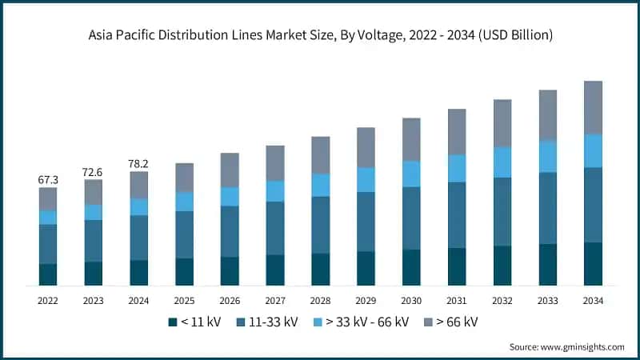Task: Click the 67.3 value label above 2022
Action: coord(48,180)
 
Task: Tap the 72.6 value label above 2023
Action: coord(94,172)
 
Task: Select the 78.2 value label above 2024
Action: coord(139,164)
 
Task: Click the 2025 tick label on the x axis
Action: coord(184,300)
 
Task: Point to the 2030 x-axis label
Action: coord(411,300)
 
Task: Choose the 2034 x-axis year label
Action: coord(593,300)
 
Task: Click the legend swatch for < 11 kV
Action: coord(172,322)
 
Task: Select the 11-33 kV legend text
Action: coord(274,322)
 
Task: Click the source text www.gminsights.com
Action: coord(582,346)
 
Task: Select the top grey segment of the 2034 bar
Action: coord(593,107)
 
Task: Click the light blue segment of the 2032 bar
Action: coord(502,162)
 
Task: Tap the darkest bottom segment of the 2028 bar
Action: coord(321,270)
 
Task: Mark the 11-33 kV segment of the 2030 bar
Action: coord(411,218)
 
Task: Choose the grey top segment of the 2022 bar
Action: coord(48,199)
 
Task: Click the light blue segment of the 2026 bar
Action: coord(230,196)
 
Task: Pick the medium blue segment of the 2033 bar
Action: coord(548,208)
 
